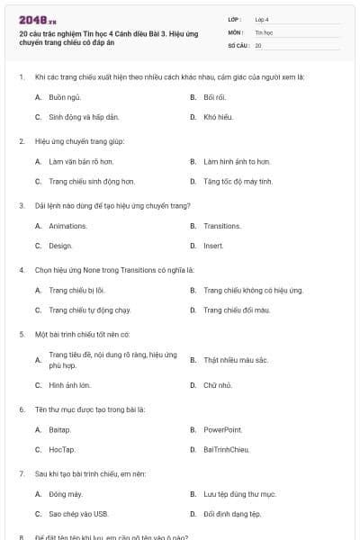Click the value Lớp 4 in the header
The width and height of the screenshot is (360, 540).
click(x=262, y=19)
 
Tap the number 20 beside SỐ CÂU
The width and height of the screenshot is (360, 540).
click(x=258, y=45)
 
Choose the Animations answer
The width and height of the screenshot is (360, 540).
click(x=67, y=226)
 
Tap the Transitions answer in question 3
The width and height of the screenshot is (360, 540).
click(x=222, y=226)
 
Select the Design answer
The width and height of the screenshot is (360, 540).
click(x=60, y=246)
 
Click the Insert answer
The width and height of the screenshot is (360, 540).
click(x=213, y=246)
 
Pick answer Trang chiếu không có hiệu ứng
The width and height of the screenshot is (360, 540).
click(x=253, y=290)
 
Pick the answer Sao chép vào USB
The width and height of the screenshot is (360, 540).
click(x=78, y=514)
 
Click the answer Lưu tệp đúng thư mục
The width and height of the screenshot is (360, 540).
click(x=239, y=494)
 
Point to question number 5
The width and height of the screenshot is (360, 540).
click(x=21, y=334)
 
